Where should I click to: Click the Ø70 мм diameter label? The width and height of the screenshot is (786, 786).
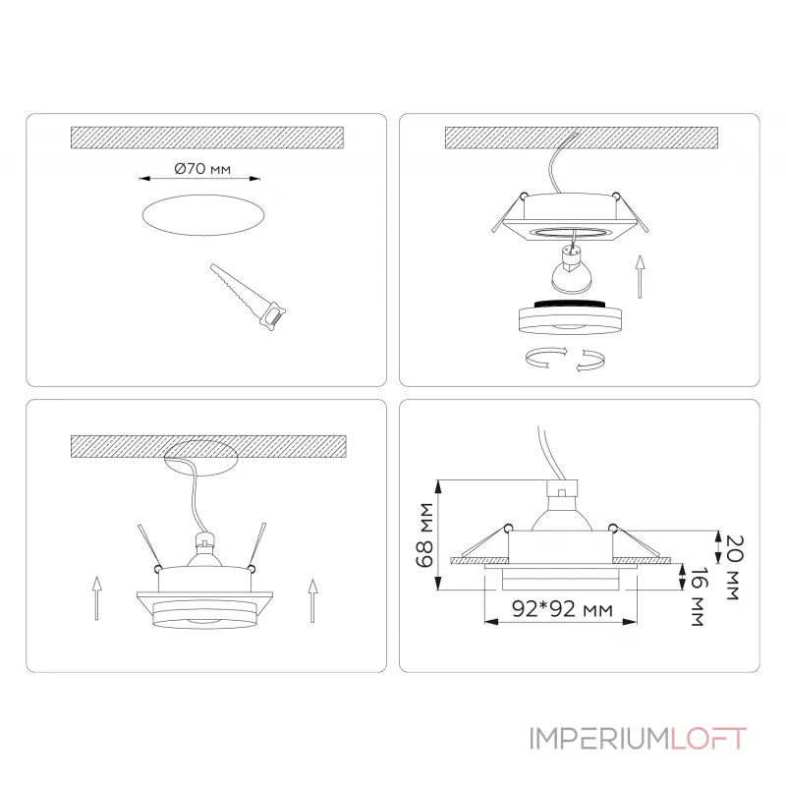point(202,168)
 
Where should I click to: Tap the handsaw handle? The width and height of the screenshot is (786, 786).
point(273,315)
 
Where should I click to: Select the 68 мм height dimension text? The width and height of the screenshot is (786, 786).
point(424,534)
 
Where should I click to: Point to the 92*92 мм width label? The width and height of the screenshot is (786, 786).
point(562,609)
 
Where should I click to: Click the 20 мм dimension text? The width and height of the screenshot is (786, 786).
point(735,568)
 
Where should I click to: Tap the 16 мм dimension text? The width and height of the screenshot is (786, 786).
point(699,596)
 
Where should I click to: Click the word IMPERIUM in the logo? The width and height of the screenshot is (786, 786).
point(599,739)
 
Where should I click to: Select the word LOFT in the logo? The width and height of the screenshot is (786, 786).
point(708,739)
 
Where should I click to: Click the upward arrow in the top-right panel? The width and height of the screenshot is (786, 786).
point(640,277)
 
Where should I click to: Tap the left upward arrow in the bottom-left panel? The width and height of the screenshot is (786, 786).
point(96,598)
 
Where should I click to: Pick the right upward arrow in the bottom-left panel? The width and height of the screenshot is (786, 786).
point(312,600)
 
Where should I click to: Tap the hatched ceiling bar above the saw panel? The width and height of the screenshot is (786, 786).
point(207,138)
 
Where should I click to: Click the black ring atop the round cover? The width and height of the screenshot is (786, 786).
point(570,305)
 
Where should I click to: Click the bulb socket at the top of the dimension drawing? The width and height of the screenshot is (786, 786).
point(561,488)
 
